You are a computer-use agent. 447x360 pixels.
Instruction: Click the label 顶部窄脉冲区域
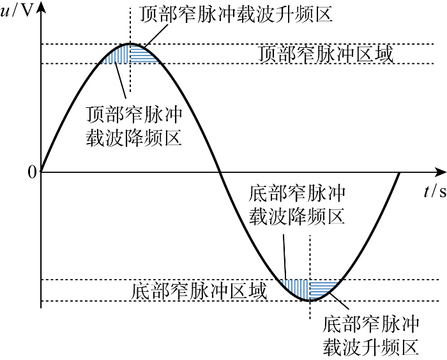tap(326, 54)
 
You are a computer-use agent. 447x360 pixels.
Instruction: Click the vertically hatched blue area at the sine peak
tap(119, 56)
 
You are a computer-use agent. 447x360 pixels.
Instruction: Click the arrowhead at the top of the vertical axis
tap(41, 6)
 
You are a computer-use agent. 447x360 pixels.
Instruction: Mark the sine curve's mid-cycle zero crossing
tap(220, 172)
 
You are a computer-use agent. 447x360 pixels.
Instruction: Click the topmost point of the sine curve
tap(130, 44)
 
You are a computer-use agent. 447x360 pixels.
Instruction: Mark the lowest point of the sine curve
tap(310, 300)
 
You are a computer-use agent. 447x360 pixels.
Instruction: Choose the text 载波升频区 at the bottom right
tap(371, 347)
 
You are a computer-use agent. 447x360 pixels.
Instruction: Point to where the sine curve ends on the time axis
tap(400, 172)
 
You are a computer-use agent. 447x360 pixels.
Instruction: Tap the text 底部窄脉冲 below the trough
tap(371, 324)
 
